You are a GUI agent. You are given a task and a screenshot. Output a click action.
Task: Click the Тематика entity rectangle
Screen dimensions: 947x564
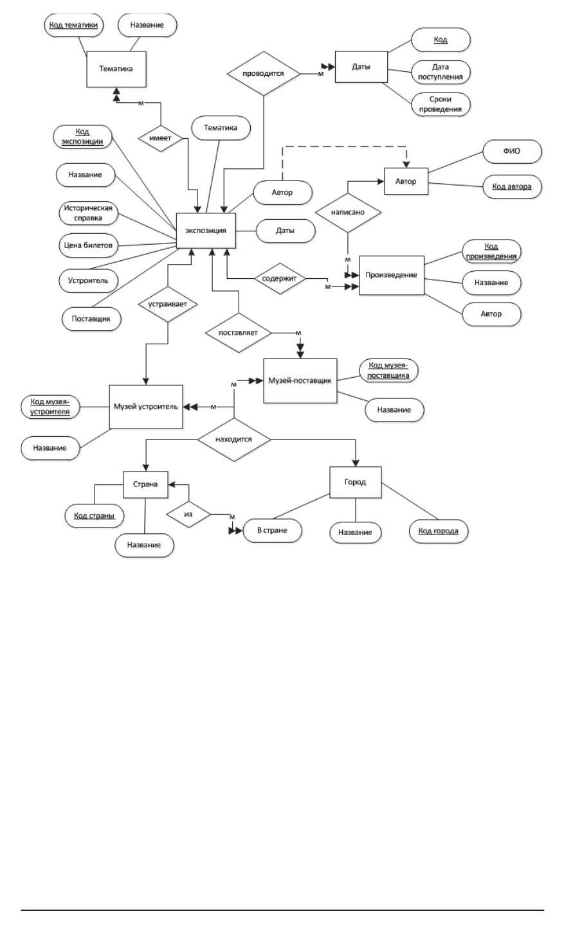pyautogui.click(x=116, y=69)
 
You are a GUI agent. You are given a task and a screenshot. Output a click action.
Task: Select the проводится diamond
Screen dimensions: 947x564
pyautogui.click(x=264, y=73)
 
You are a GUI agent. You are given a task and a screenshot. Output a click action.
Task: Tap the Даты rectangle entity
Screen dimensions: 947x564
pyautogui.click(x=361, y=66)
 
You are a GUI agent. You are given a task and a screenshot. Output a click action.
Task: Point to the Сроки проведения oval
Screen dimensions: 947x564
pyautogui.click(x=441, y=104)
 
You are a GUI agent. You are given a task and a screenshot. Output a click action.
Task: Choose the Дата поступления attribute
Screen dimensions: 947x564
pyautogui.click(x=441, y=72)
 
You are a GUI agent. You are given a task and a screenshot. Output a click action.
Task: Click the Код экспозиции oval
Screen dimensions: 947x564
pyautogui.click(x=82, y=137)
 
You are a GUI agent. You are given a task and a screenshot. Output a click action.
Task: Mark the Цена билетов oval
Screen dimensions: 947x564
pyautogui.click(x=89, y=245)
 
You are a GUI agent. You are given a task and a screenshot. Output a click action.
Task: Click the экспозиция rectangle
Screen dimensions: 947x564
pyautogui.click(x=206, y=230)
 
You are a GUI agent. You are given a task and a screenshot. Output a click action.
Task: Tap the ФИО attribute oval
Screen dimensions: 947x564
pyautogui.click(x=512, y=152)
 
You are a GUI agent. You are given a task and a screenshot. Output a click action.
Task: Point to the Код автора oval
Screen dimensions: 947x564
pyautogui.click(x=512, y=186)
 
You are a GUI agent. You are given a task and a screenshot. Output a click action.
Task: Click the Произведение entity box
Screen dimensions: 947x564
pyautogui.click(x=391, y=275)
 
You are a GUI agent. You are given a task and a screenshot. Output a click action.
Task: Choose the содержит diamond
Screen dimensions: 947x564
pyautogui.click(x=278, y=279)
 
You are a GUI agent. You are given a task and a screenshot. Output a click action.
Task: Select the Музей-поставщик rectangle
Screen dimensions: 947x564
pyautogui.click(x=300, y=380)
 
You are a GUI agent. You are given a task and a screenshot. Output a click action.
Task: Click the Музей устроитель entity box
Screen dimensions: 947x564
pyautogui.click(x=145, y=407)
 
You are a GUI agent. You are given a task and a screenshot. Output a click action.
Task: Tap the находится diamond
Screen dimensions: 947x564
pyautogui.click(x=233, y=439)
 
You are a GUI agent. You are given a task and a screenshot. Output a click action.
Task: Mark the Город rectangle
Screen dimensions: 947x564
pyautogui.click(x=355, y=482)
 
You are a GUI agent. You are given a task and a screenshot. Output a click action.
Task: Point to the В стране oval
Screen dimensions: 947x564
pyautogui.click(x=272, y=531)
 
